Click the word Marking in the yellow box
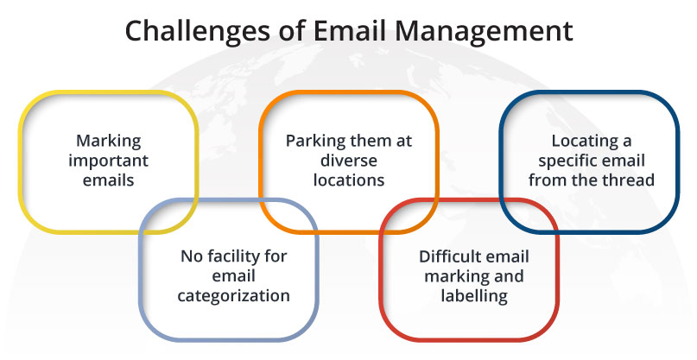tap(108, 141)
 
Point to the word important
tap(108, 161)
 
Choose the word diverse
tap(348, 161)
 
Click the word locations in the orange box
tap(348, 180)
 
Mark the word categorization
tap(233, 295)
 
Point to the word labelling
tap(472, 296)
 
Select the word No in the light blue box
tap(190, 256)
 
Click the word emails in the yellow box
tap(108, 180)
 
